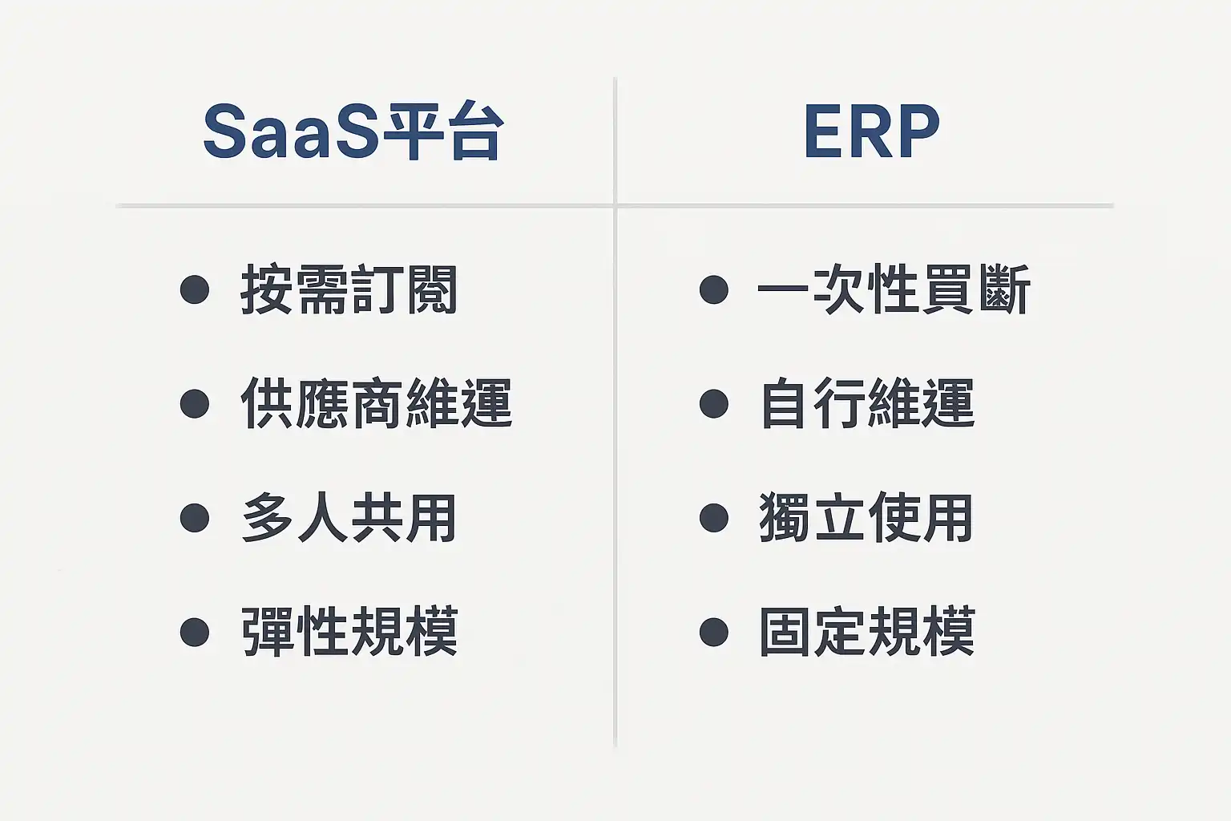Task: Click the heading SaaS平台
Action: click(x=353, y=131)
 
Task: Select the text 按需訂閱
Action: click(x=349, y=289)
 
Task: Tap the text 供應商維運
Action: click(x=377, y=403)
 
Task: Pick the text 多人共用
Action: click(x=349, y=517)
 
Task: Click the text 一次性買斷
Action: click(x=894, y=289)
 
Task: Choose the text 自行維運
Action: click(x=867, y=403)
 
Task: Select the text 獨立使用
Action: click(x=866, y=517)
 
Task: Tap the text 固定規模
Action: click(x=867, y=631)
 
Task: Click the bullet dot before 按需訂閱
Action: click(x=195, y=289)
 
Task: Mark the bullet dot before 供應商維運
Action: click(x=195, y=403)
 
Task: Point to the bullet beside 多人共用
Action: click(x=195, y=518)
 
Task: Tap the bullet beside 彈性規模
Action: click(x=195, y=632)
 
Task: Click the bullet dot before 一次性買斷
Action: click(x=714, y=289)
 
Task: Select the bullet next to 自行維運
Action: click(x=714, y=403)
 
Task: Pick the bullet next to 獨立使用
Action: click(x=714, y=518)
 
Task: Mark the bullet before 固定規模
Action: click(x=714, y=632)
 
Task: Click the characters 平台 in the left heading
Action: click(x=443, y=131)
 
